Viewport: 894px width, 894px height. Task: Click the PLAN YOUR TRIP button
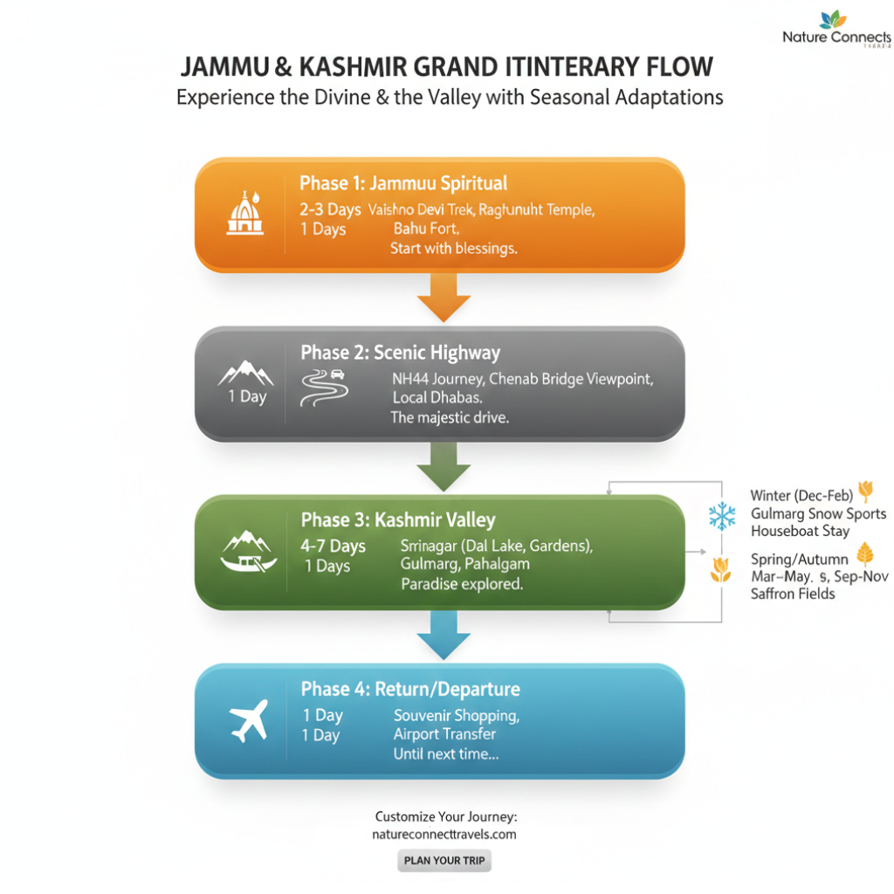[x=444, y=860]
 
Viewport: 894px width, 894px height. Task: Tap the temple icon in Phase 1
[x=244, y=213]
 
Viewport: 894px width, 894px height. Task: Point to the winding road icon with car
[x=323, y=388]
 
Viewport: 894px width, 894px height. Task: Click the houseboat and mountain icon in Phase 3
[x=247, y=552]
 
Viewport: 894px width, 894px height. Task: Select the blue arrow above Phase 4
[x=444, y=636]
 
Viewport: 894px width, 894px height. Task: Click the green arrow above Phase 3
[x=444, y=471]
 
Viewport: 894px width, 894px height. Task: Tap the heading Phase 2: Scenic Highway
[x=400, y=353]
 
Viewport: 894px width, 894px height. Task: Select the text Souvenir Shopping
[x=457, y=715]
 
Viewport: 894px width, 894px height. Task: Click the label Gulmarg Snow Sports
[x=818, y=513]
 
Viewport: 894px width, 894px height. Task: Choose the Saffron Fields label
[x=793, y=594]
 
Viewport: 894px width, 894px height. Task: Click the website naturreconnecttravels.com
[x=444, y=835]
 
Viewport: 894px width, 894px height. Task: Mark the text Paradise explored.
[x=462, y=583]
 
